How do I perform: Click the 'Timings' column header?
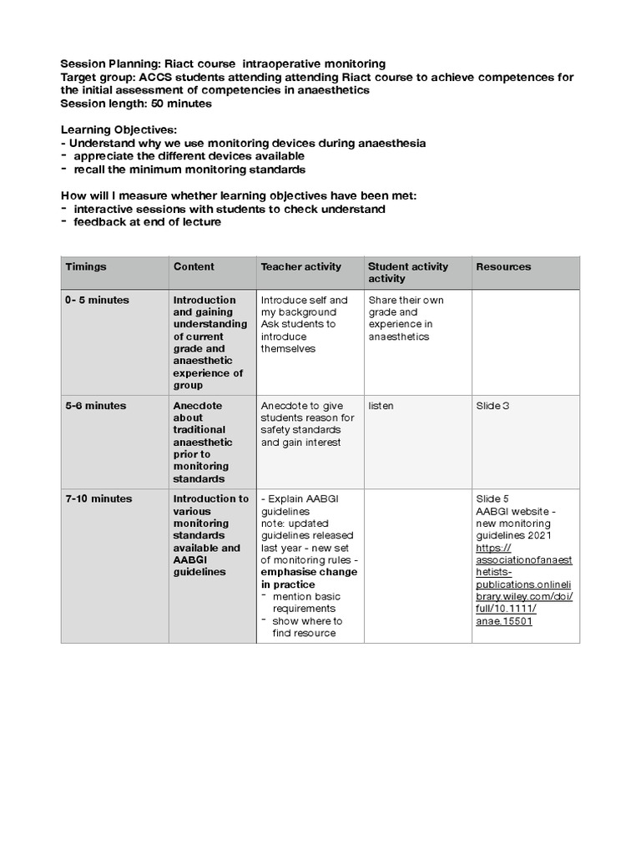(86, 267)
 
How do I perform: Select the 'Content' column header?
(194, 267)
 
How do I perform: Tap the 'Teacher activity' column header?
(300, 267)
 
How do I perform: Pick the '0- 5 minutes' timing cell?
(97, 301)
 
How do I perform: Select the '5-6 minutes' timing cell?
(96, 406)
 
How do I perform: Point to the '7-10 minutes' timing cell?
(98, 499)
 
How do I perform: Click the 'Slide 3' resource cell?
(492, 406)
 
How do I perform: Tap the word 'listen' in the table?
(381, 406)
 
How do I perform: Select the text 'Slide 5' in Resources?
(492, 499)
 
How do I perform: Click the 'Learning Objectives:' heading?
(119, 131)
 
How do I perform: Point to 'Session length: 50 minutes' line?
(136, 104)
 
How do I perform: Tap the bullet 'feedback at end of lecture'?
(148, 221)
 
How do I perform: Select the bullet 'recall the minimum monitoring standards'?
(189, 169)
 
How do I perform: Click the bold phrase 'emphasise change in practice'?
(309, 579)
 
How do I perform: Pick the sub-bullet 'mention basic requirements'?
(306, 603)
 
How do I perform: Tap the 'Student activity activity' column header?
(407, 272)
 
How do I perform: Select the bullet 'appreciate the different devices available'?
(189, 156)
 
